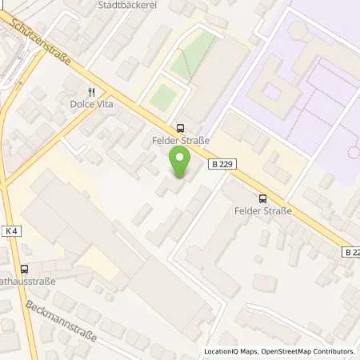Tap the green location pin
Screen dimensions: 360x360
coord(180,163)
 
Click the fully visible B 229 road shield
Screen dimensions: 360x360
coord(225,164)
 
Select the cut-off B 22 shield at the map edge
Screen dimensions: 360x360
coord(351,251)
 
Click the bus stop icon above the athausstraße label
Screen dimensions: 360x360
coord(24,270)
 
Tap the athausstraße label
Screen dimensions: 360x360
coord(29,282)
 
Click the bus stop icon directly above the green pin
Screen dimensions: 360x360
coord(180,127)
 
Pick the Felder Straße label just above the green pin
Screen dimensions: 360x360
coord(180,141)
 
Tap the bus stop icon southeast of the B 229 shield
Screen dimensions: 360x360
coord(262,198)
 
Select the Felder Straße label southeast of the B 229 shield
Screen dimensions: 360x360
coord(263,211)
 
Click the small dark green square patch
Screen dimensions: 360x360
coord(163,98)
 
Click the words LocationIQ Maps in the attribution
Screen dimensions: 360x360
coord(230,351)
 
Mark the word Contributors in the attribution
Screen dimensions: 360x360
coord(333,351)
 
